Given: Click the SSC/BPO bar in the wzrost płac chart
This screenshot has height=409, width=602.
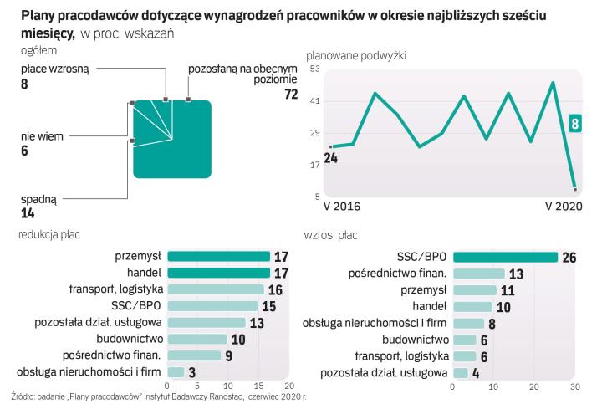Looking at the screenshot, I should coord(504,257).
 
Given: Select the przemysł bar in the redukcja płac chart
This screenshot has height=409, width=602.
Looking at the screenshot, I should coord(218,256).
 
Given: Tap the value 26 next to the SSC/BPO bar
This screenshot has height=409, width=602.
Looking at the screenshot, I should coord(570,257).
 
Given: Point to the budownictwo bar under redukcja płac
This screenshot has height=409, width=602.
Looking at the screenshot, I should coord(197,339).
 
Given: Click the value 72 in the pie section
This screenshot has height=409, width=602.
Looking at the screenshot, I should coord(291,95).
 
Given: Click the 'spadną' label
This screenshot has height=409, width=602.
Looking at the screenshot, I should coord(38,199).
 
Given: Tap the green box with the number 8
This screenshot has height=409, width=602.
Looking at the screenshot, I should coord(574,124).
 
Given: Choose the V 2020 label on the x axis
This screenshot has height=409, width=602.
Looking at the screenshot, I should coord(563,206).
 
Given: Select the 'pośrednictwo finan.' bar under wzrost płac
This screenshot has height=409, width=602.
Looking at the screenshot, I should coord(478,274).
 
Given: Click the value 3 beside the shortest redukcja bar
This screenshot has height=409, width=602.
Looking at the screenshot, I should coord(193,372).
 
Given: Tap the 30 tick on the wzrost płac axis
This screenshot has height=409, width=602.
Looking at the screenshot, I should coord(574,386).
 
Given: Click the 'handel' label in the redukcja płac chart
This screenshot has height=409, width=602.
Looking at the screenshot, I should coord(144,273).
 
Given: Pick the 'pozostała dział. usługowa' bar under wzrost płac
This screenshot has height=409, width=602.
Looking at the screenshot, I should coord(460,372).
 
